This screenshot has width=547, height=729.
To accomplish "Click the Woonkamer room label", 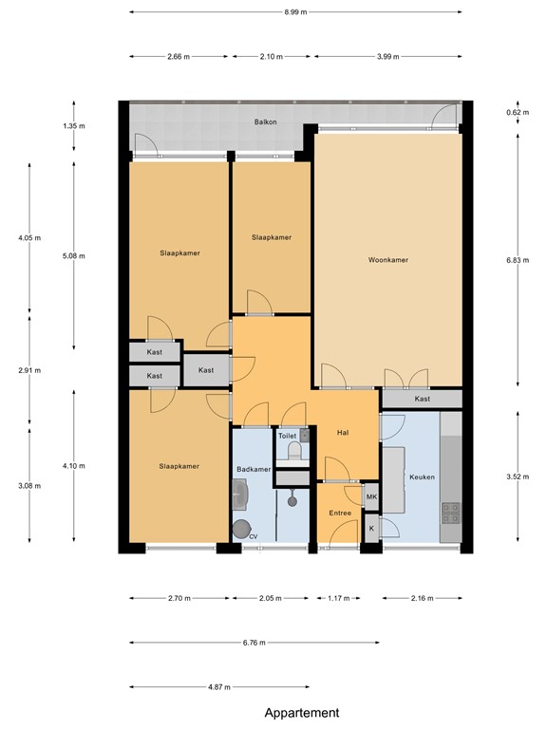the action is point(387,260).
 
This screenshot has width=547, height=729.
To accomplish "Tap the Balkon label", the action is point(265,121).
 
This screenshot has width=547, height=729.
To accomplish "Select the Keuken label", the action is point(422,477).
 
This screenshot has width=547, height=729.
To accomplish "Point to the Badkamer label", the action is point(254,470).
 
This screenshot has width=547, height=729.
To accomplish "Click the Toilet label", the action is point(287,436).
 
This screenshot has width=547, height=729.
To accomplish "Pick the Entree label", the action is point(340,513).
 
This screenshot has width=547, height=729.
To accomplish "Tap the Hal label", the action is point(343,433).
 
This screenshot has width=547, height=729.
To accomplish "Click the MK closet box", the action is point(371,496).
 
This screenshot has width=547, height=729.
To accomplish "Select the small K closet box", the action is point(371,528).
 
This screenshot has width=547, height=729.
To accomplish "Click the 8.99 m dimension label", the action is point(295,12).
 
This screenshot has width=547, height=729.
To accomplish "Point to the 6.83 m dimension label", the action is point(518,260).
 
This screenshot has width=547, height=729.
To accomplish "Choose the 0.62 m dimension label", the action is point(518,113).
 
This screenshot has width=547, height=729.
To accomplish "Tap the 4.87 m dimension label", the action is point(219,686).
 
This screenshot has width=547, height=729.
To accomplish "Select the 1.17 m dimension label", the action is point(339,598).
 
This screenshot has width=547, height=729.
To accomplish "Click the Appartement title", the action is point(302,713).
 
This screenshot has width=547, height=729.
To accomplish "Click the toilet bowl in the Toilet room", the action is point(294,451).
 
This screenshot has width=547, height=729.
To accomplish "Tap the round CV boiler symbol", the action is point(242,530).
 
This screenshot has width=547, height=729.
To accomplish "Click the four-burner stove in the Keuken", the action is point(450,513).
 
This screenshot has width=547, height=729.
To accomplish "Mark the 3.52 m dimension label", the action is point(518,477).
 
